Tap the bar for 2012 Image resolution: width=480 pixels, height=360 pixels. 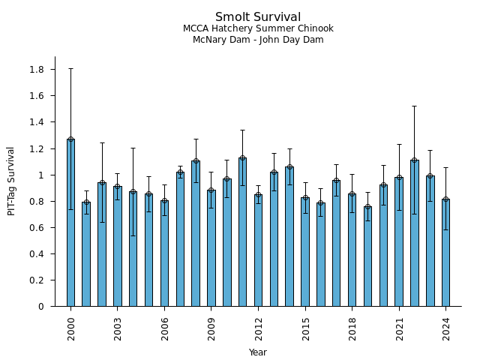click(258, 250)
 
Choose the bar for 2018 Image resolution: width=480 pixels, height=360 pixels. click(352, 250)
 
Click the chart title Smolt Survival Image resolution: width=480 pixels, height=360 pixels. click(258, 17)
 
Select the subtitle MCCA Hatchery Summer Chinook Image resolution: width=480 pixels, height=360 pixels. click(258, 28)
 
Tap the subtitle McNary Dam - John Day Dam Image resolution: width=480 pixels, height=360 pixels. click(258, 40)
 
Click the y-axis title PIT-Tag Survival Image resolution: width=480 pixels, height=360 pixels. click(11, 181)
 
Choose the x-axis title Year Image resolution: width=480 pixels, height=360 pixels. click(258, 352)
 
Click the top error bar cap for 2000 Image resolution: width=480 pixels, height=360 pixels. click(70, 69)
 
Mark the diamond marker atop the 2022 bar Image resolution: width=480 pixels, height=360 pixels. click(414, 160)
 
